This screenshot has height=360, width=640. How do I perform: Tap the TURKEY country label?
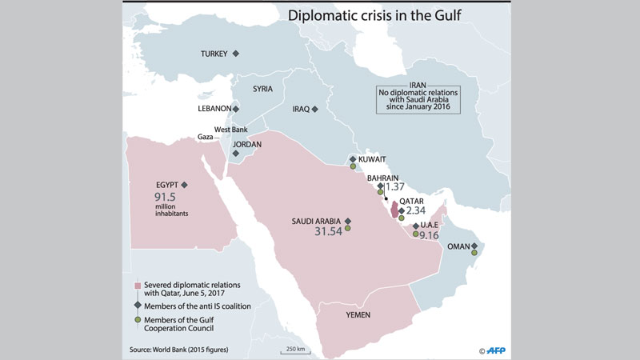(x=214, y=54)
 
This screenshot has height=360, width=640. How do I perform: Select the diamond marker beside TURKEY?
(x=236, y=54)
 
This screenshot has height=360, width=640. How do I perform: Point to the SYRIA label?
(x=264, y=89)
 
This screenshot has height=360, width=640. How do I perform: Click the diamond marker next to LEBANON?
(x=236, y=108)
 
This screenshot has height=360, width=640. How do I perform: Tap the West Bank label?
(x=229, y=129)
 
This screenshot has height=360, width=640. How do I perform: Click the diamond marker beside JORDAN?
(x=235, y=153)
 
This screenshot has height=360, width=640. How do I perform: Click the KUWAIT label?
(x=373, y=159)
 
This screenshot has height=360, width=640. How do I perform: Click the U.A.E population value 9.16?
(x=430, y=235)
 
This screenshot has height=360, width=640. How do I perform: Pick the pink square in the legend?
(x=138, y=286)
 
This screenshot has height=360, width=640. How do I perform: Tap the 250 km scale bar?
(x=291, y=350)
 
